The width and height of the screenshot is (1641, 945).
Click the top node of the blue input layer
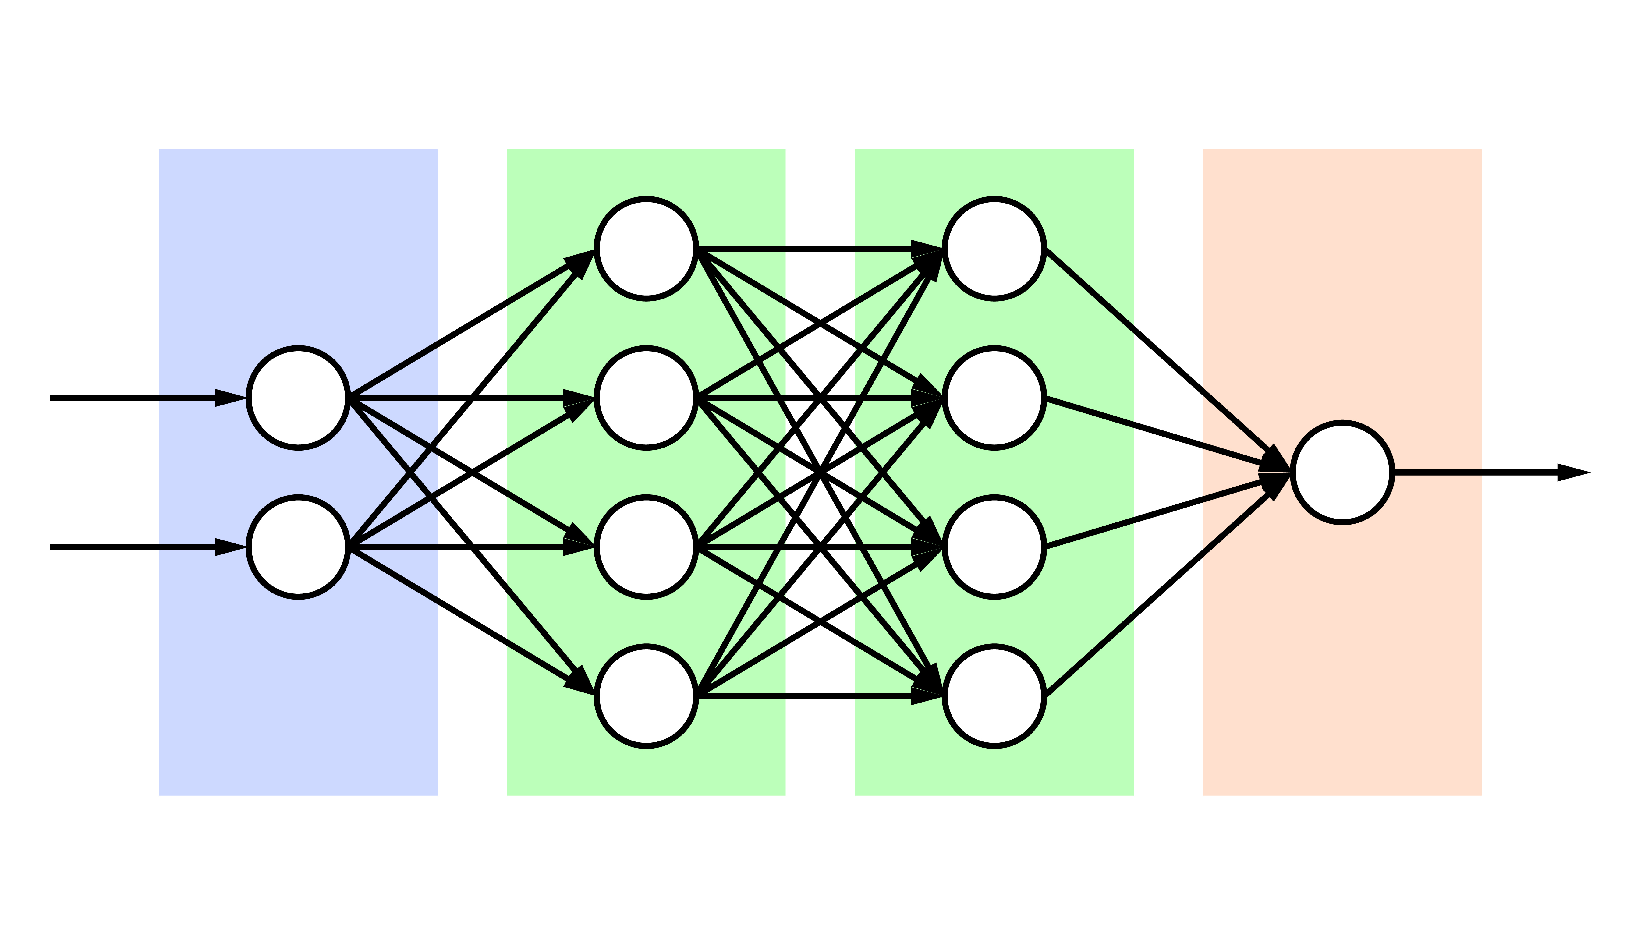(x=298, y=398)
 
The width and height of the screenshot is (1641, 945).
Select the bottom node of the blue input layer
(x=298, y=547)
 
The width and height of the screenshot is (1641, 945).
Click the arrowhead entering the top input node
(x=230, y=398)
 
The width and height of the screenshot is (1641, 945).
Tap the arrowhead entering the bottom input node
(x=230, y=547)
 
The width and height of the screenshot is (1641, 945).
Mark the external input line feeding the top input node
(x=130, y=398)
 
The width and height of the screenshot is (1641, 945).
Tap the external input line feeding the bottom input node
(x=130, y=547)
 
